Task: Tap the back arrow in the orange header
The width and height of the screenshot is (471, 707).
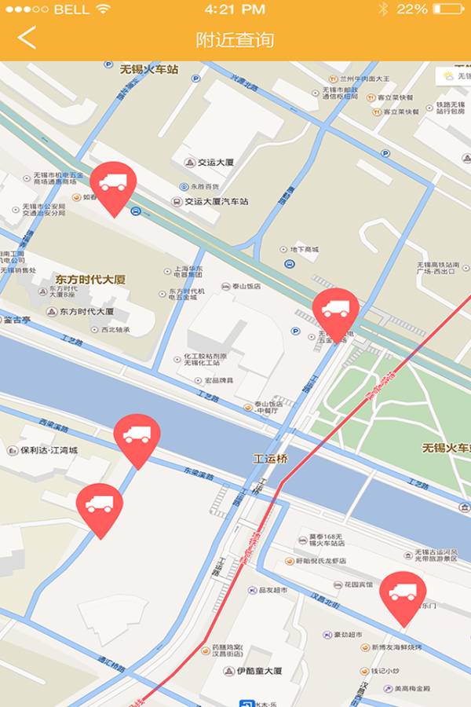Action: tap(27, 38)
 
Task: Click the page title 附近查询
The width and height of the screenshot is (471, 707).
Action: tap(235, 39)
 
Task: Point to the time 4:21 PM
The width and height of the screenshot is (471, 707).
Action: tap(234, 9)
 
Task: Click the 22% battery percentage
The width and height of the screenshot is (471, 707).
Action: tap(412, 9)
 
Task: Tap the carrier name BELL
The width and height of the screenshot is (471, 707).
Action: tap(71, 9)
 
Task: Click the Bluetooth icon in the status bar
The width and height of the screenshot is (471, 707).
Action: tap(383, 9)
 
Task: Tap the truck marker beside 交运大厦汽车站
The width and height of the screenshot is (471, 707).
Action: tap(113, 185)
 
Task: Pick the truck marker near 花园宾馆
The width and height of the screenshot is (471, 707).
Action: tap(403, 595)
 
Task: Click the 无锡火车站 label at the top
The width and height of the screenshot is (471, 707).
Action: tap(149, 69)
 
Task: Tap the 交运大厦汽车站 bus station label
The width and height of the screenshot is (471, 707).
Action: tap(210, 201)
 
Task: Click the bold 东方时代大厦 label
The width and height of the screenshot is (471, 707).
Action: tap(90, 279)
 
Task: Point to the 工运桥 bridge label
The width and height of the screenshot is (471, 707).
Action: tap(270, 458)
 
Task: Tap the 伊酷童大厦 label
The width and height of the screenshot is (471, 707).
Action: tap(258, 671)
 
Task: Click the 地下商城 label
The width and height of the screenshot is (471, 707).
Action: tap(304, 250)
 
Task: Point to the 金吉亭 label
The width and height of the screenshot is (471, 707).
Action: tap(17, 320)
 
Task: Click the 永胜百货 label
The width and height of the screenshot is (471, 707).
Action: tap(205, 187)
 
